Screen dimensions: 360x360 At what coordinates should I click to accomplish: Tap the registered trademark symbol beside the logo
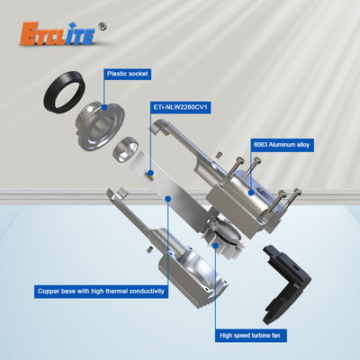point(103,27)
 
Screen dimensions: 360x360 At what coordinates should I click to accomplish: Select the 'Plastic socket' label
point(128,74)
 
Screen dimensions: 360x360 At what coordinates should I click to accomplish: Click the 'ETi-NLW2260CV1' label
point(180,107)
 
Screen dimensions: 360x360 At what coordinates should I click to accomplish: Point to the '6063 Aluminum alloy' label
point(282,145)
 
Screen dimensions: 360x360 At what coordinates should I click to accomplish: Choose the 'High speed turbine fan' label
point(250,336)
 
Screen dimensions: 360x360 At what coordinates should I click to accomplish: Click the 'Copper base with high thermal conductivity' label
point(101,292)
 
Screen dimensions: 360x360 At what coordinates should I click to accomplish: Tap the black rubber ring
point(64,92)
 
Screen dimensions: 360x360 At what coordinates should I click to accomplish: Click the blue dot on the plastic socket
point(104,107)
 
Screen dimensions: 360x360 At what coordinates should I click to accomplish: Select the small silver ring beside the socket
point(125,149)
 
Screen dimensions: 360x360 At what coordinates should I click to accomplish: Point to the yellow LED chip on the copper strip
point(150,174)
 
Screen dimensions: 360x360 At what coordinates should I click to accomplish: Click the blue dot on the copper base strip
point(168,199)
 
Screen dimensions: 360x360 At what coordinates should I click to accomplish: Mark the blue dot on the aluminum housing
point(251,193)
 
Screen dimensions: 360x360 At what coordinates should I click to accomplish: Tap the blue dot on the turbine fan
point(215,246)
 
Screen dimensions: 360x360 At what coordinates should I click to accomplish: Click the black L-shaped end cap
point(286,283)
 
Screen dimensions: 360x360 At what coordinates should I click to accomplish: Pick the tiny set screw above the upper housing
point(220,155)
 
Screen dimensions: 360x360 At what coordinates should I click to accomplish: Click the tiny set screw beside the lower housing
point(149,249)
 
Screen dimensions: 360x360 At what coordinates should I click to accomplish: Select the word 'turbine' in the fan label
point(252,336)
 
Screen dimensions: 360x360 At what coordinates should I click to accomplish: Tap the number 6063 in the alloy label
point(260,145)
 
